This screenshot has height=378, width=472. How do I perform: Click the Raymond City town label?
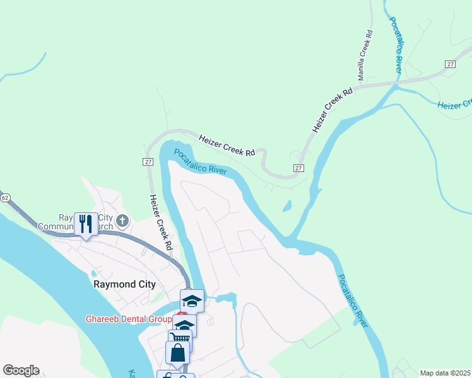[x=124, y=284]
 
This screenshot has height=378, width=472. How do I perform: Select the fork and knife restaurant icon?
[x=85, y=224]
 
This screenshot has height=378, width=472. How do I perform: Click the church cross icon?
[x=123, y=220]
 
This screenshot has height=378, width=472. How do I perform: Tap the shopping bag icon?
[x=178, y=353]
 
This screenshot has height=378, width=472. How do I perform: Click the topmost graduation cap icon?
[x=192, y=301]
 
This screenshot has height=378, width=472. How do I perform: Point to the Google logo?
[x=21, y=370]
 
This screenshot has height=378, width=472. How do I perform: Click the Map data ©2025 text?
[x=445, y=373]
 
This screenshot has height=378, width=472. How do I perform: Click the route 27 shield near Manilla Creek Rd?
[x=450, y=65]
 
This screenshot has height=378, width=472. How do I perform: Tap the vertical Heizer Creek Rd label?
[x=161, y=222]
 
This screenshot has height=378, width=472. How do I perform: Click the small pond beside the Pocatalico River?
[x=287, y=205]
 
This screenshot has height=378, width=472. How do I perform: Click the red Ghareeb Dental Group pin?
[x=180, y=314]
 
